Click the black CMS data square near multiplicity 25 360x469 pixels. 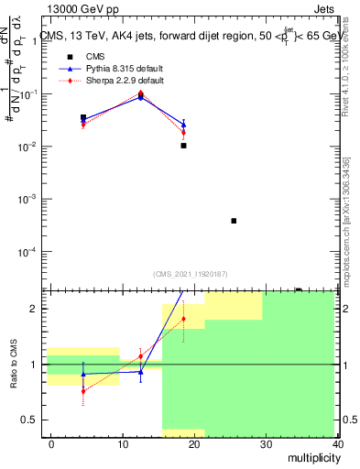(x=234, y=221)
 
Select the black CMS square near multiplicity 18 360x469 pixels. (x=183, y=146)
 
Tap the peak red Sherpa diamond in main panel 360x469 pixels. (x=140, y=93)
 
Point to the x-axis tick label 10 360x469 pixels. (x=123, y=443)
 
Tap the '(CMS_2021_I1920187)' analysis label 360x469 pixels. (x=190, y=273)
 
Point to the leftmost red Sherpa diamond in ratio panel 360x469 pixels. (x=83, y=390)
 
